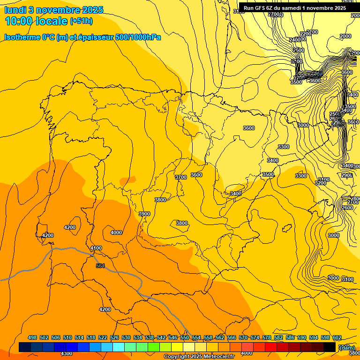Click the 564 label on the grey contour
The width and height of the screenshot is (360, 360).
[x=100, y=266]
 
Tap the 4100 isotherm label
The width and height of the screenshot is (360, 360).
[x=96, y=248]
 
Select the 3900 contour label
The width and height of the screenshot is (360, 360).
[x=144, y=214]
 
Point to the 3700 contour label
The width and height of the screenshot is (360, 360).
[x=180, y=177]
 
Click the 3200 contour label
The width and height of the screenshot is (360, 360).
[x=321, y=183]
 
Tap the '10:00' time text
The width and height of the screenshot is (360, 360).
[x=22, y=21]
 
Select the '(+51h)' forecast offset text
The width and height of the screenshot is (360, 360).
[x=81, y=21]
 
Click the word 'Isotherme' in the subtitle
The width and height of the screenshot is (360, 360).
[x=22, y=37]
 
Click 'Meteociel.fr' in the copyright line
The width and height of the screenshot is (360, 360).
[x=216, y=357]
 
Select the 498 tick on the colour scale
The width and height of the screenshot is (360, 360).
[x=32, y=337]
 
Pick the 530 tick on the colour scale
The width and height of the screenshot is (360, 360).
[x=126, y=337]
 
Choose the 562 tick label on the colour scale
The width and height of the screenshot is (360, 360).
[x=220, y=337]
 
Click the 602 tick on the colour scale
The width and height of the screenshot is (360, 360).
[x=337, y=337]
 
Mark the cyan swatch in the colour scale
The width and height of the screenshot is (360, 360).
[x=119, y=347]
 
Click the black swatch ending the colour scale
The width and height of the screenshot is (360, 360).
[x=330, y=347]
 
